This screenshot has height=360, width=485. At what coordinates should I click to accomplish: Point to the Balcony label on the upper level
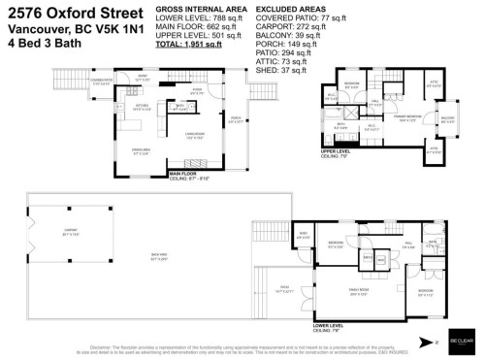tap(447, 119)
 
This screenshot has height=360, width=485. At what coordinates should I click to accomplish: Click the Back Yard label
tap(157, 257)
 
